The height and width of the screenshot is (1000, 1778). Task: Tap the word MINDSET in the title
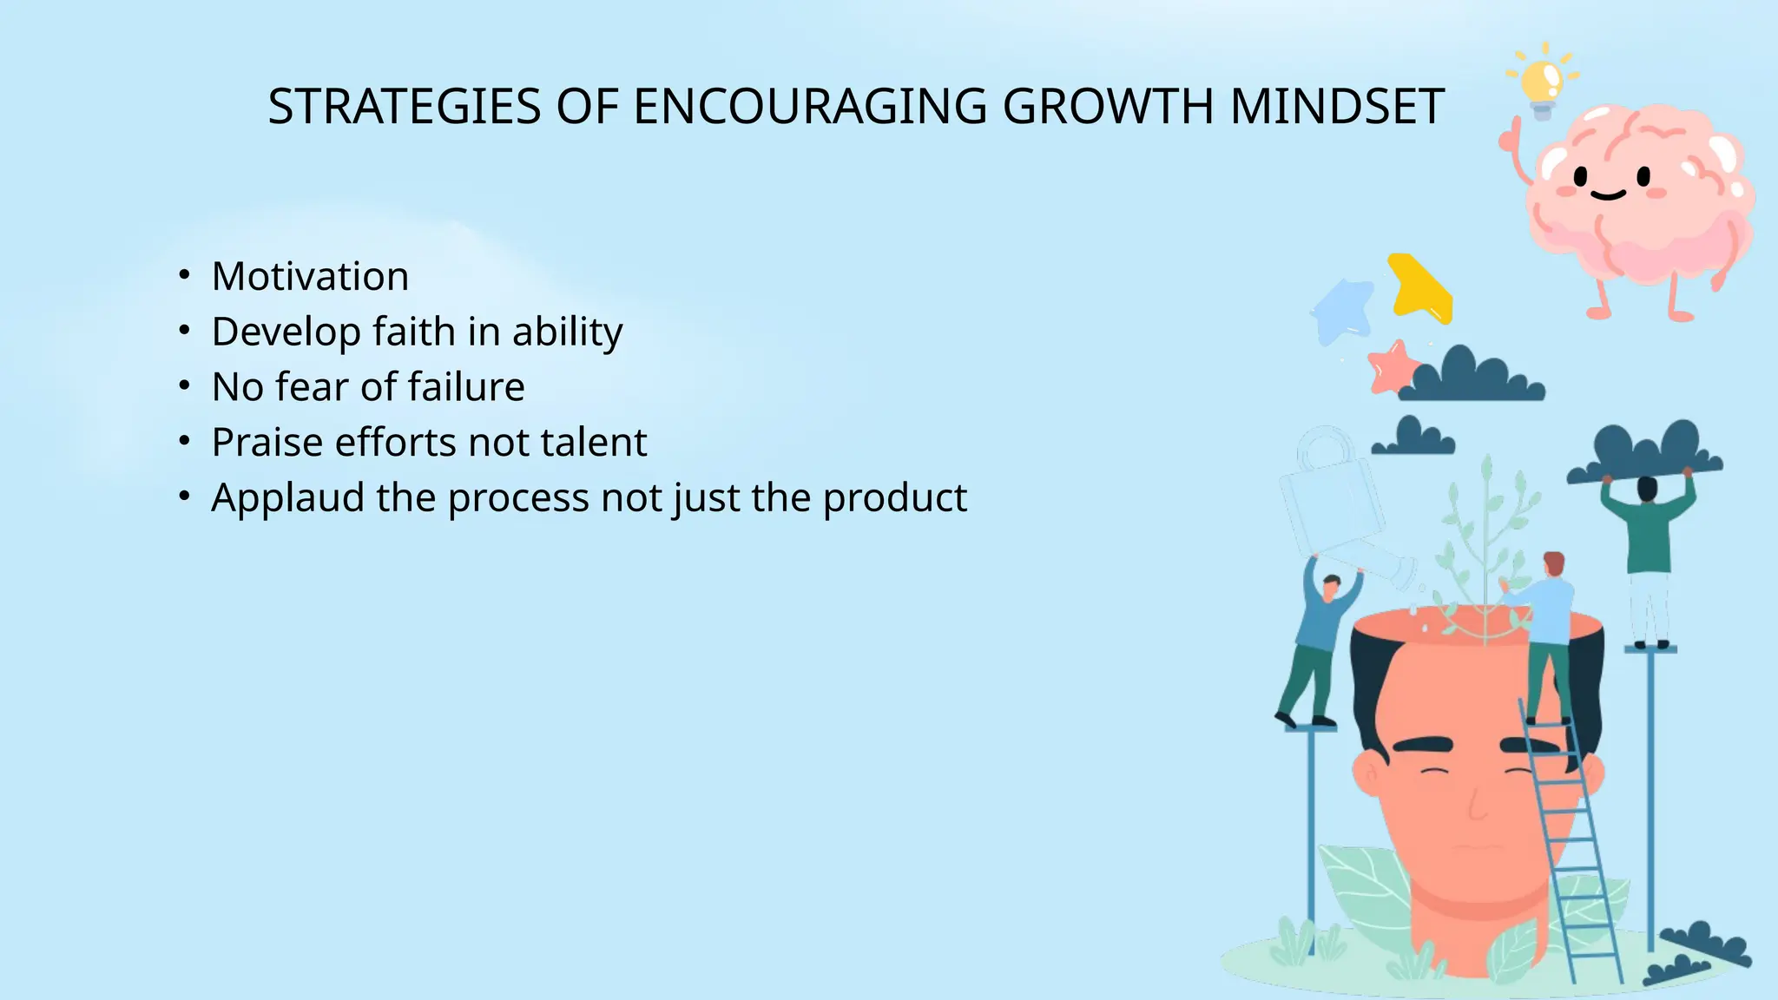tap(1337, 107)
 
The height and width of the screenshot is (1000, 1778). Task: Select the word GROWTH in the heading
tap(1109, 107)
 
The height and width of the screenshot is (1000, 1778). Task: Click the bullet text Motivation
tap(310, 277)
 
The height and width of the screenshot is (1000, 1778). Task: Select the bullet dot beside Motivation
tap(184, 277)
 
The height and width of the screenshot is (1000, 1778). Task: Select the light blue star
tap(1343, 310)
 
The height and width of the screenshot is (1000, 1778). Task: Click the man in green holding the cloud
tap(1648, 538)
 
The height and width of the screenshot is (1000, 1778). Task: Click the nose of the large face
tap(1476, 803)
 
